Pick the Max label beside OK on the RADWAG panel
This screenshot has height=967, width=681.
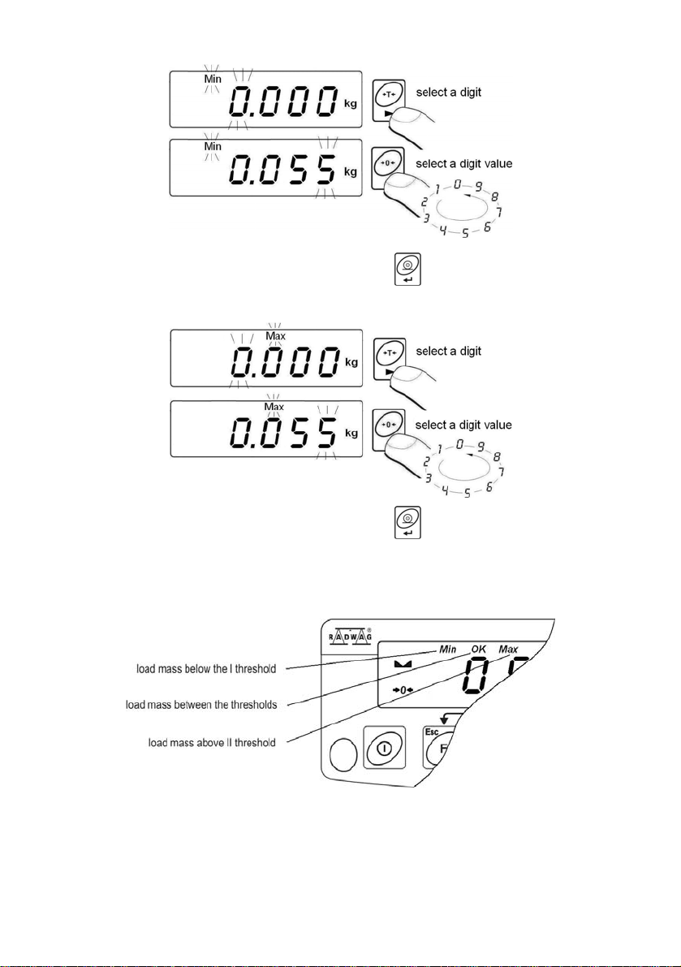pyautogui.click(x=509, y=650)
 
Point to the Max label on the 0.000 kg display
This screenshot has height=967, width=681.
pyautogui.click(x=275, y=336)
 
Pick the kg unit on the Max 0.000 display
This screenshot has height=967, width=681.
pyautogui.click(x=351, y=364)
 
